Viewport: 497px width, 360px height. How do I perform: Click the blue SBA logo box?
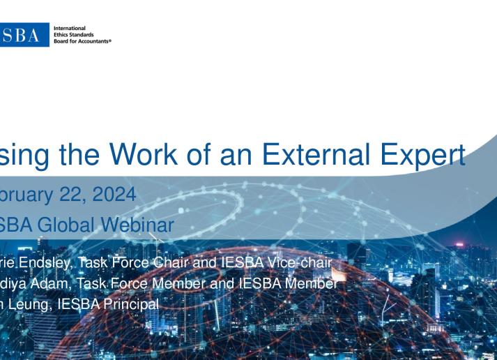coord(24,34)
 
